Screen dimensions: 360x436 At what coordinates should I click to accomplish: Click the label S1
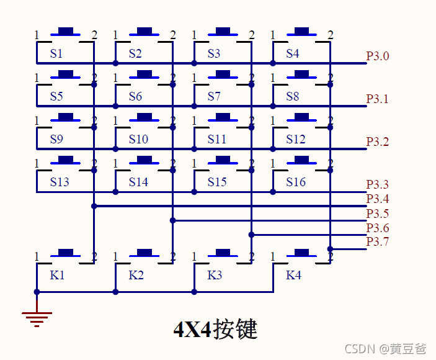click(x=56, y=54)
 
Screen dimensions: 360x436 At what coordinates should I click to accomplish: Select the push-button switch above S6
click(x=143, y=74)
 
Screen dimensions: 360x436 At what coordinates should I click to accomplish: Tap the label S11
click(x=217, y=140)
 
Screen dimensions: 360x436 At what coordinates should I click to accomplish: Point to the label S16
click(x=296, y=182)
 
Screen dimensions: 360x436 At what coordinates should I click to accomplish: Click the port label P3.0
click(x=377, y=56)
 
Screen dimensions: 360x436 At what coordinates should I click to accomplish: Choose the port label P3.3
click(x=377, y=185)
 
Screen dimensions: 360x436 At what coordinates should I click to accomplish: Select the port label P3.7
click(x=377, y=241)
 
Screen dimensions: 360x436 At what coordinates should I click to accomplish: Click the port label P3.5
click(x=377, y=214)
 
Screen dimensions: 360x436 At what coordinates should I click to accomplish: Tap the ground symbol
click(x=37, y=318)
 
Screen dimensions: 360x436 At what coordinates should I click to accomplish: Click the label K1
click(x=57, y=275)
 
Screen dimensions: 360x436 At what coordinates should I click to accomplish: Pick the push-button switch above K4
click(x=301, y=253)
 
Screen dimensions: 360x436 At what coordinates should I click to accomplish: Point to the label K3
click(x=215, y=275)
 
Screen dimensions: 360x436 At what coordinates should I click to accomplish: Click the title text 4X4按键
click(x=215, y=329)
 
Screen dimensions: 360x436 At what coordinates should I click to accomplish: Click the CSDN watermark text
click(x=385, y=349)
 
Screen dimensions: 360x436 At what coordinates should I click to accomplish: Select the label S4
click(x=293, y=54)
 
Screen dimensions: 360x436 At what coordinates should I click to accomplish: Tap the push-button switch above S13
click(x=65, y=160)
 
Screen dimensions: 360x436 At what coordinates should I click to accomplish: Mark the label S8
click(x=293, y=97)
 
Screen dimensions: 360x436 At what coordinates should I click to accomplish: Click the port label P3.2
click(x=377, y=142)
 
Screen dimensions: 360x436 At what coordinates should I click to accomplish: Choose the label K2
click(x=136, y=275)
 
